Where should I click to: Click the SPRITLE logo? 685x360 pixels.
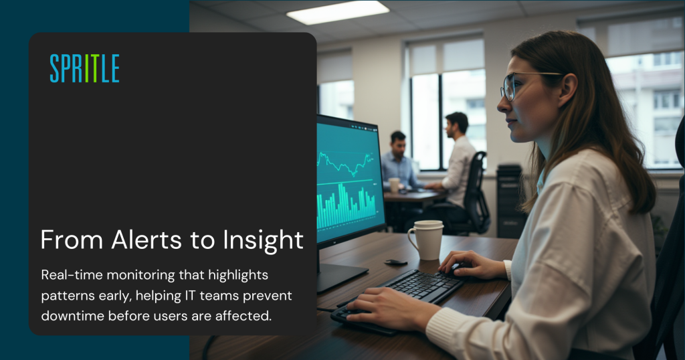(84, 68)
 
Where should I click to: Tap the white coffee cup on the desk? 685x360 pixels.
(425, 239)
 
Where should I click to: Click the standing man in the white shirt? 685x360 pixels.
(460, 161)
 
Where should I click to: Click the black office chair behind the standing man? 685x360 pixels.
(477, 191)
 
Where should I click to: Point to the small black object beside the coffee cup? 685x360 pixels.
(395, 262)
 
